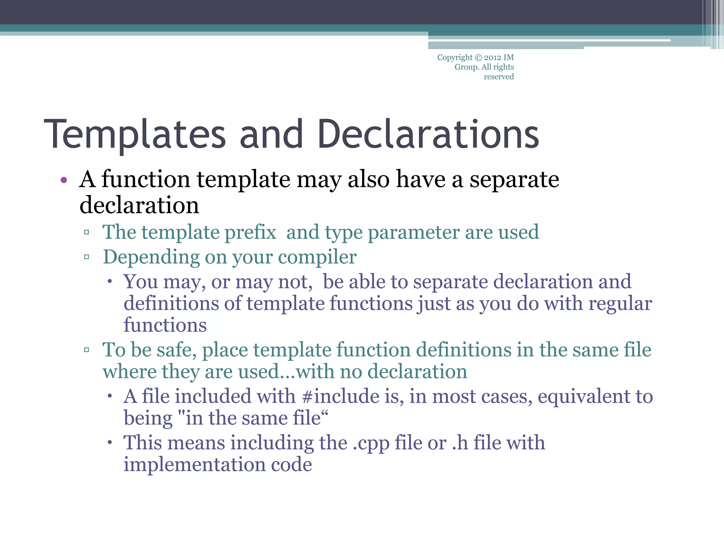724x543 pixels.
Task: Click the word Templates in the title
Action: tap(135, 134)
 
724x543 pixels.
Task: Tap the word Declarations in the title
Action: tap(428, 134)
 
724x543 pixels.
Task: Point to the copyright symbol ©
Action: tap(478, 58)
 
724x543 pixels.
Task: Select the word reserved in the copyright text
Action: tap(498, 77)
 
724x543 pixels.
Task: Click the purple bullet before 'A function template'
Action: tap(64, 180)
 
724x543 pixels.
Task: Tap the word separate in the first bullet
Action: tap(514, 179)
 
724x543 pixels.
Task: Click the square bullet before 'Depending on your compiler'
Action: tap(87, 257)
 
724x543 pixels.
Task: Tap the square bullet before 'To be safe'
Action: tap(87, 350)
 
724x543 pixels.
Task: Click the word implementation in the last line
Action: tap(194, 465)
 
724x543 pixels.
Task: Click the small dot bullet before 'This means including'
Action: tap(110, 443)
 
